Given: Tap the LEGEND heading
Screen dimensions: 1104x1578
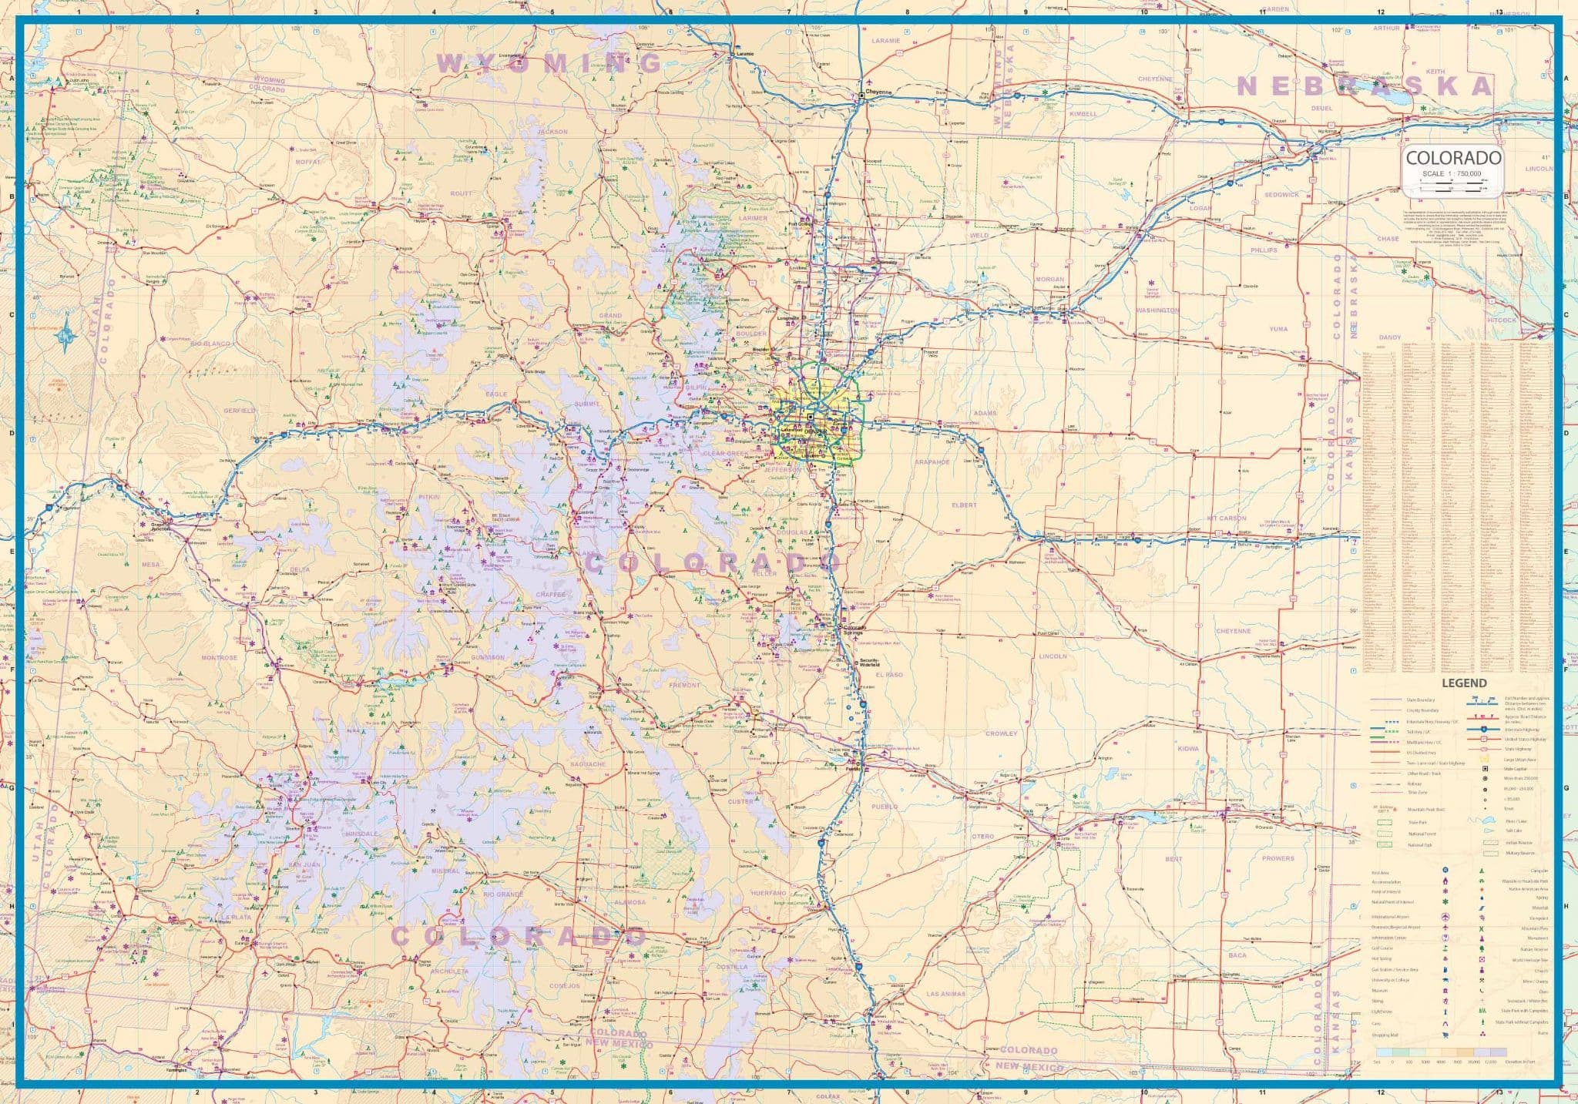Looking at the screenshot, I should coord(1464,683).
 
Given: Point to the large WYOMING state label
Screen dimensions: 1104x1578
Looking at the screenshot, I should coord(549,62).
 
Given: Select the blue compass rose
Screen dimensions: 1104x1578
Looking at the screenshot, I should coord(68,334).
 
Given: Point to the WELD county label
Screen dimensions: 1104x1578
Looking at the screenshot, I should coord(979,235).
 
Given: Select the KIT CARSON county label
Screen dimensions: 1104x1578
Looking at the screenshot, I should coord(1227,518).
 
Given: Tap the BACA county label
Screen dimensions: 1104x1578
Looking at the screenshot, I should coord(1237,955).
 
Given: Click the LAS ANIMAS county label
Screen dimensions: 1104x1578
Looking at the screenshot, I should coord(946,994).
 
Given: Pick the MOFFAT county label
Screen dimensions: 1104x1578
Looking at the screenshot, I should coord(307,163).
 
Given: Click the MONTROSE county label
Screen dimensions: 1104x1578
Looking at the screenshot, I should coord(219,658).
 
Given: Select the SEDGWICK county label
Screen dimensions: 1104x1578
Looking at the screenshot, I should coord(1281,194).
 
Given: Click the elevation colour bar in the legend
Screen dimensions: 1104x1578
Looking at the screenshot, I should coord(1441,1051).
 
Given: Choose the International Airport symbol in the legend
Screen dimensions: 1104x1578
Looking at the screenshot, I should coord(1445,917).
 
